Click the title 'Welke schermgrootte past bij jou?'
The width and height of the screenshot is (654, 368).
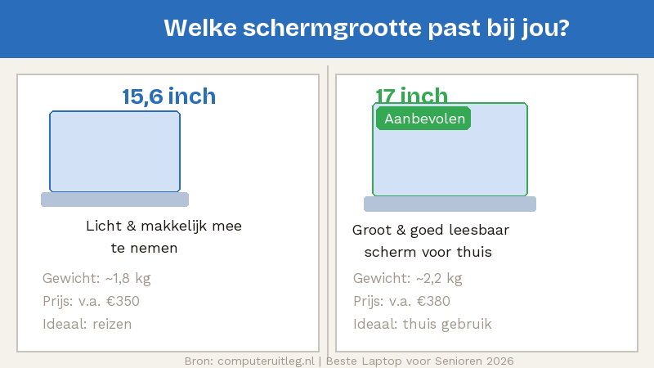click(x=366, y=28)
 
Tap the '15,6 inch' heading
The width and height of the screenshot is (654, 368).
click(x=169, y=96)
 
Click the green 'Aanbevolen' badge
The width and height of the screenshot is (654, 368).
click(x=424, y=119)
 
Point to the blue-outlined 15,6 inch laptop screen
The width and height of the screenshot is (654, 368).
click(x=114, y=152)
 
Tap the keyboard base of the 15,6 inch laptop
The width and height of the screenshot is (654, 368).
click(x=114, y=200)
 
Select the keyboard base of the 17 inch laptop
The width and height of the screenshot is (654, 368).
click(x=450, y=204)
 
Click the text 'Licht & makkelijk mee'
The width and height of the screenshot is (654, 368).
click(x=163, y=226)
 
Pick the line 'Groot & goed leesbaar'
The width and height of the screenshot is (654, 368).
click(x=431, y=230)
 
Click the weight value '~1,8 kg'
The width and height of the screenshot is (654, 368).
click(x=128, y=278)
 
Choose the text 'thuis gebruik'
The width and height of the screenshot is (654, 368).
click(x=447, y=324)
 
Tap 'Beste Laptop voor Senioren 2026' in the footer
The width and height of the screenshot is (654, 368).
click(x=420, y=360)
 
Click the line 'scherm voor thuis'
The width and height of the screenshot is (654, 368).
click(x=428, y=252)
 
